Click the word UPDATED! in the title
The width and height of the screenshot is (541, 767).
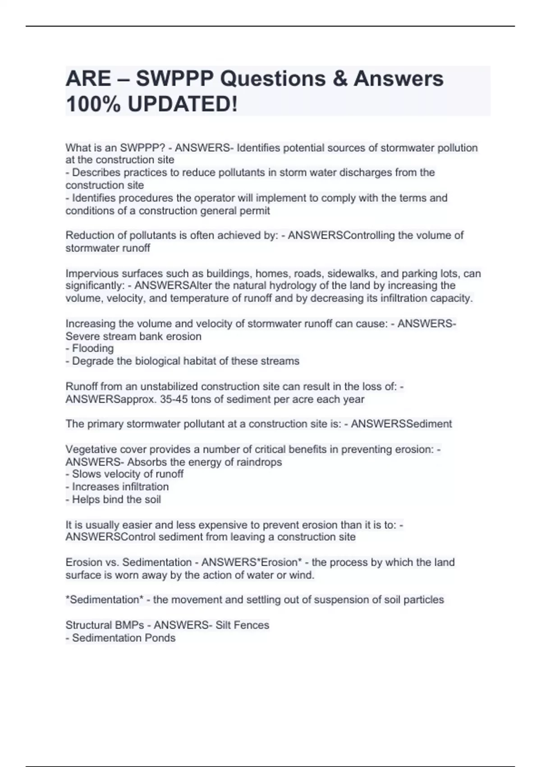point(182,105)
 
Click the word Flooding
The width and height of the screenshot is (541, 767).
point(93,348)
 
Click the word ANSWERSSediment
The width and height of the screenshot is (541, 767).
point(401,424)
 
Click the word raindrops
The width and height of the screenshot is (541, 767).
point(260,462)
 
